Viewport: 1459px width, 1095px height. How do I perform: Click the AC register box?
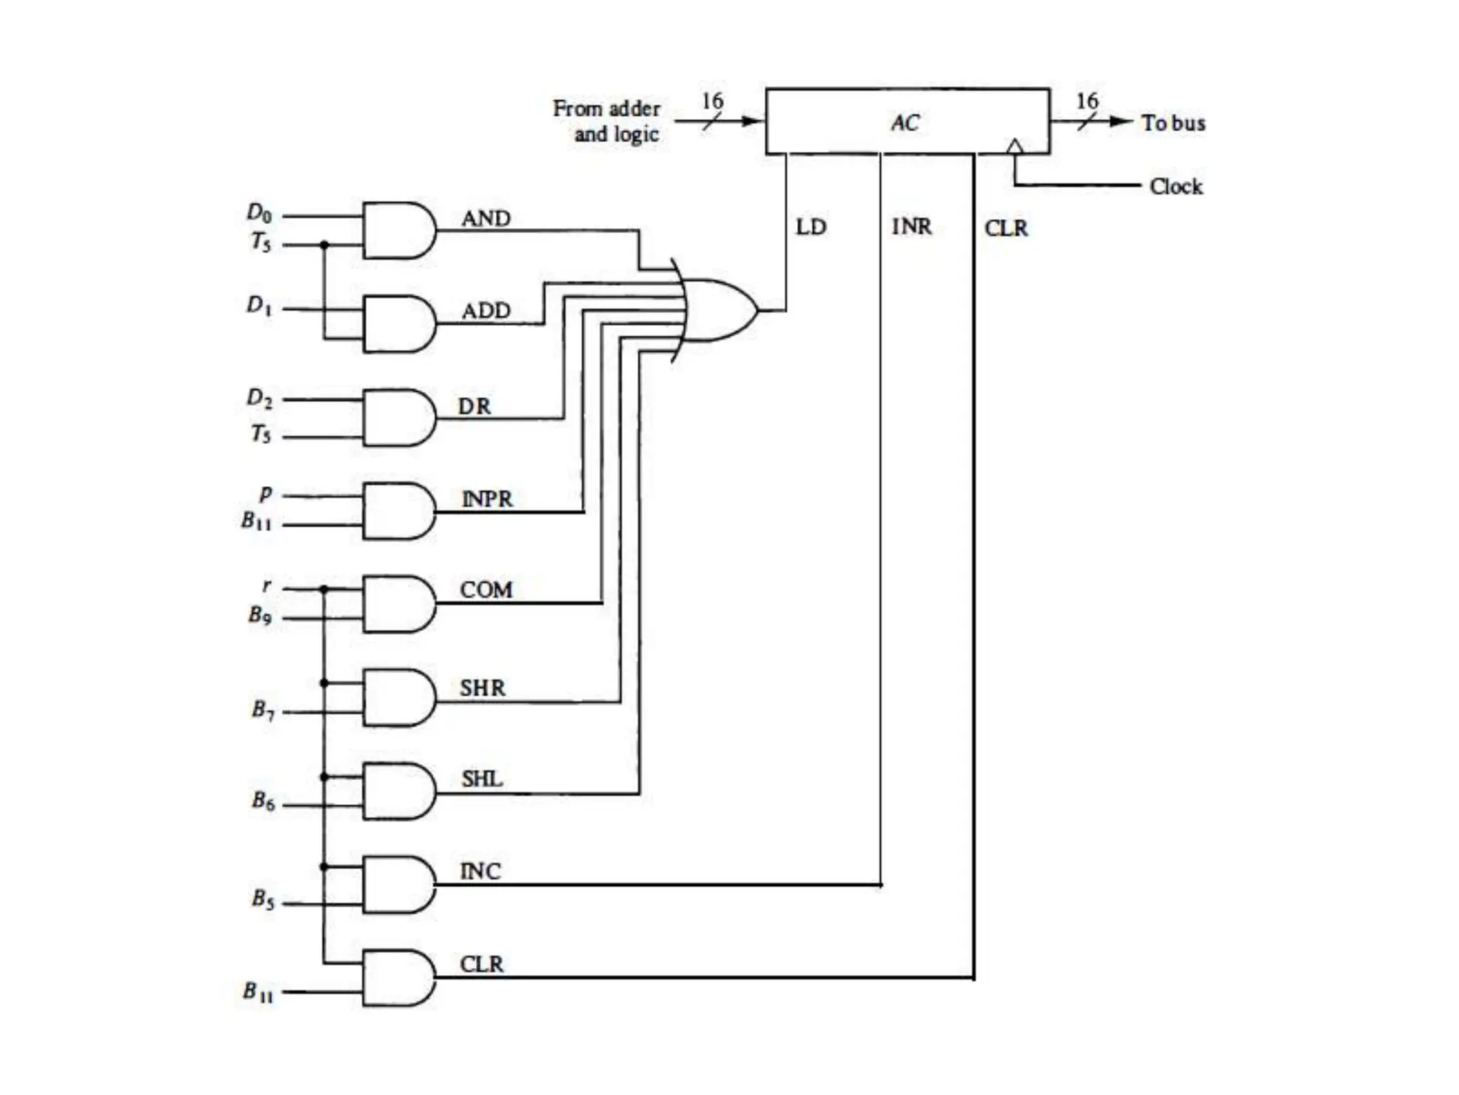click(x=906, y=121)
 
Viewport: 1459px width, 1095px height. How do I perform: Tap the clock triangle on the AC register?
click(x=1014, y=147)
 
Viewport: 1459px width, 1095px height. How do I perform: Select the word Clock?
click(x=1175, y=187)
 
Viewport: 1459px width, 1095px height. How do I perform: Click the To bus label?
click(x=1173, y=123)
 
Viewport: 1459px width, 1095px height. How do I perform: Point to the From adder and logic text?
click(x=608, y=121)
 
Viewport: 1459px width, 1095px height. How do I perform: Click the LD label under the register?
click(x=811, y=227)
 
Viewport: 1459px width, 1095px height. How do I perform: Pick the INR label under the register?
click(x=911, y=227)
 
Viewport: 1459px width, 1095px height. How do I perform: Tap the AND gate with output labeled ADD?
click(x=398, y=324)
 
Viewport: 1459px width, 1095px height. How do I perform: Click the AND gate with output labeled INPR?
click(x=398, y=510)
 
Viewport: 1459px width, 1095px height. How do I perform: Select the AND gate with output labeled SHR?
click(x=398, y=697)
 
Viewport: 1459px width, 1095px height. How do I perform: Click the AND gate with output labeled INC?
click(x=398, y=885)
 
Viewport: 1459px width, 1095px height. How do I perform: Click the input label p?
click(x=266, y=493)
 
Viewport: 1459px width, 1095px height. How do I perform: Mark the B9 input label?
click(x=260, y=615)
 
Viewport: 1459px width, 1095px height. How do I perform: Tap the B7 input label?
click(x=263, y=709)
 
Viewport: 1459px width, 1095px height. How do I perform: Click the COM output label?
click(x=486, y=590)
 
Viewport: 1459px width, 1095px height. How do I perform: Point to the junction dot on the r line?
click(x=324, y=589)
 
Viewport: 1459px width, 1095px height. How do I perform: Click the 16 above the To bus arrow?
click(x=1086, y=101)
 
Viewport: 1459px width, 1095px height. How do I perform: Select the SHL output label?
click(x=482, y=778)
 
